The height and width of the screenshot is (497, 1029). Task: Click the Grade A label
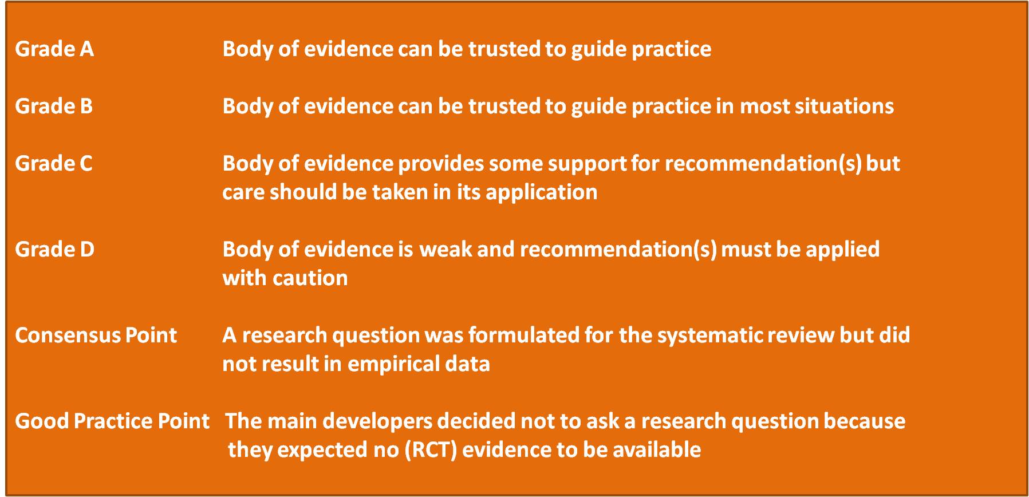(x=54, y=49)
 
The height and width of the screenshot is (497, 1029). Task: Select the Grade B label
(x=54, y=107)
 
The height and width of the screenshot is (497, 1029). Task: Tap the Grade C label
(x=54, y=164)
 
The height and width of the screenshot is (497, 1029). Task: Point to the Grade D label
(x=55, y=250)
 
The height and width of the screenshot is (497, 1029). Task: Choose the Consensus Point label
(x=96, y=336)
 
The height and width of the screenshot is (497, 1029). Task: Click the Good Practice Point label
(x=112, y=421)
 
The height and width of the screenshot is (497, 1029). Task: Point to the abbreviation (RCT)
(x=431, y=450)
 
